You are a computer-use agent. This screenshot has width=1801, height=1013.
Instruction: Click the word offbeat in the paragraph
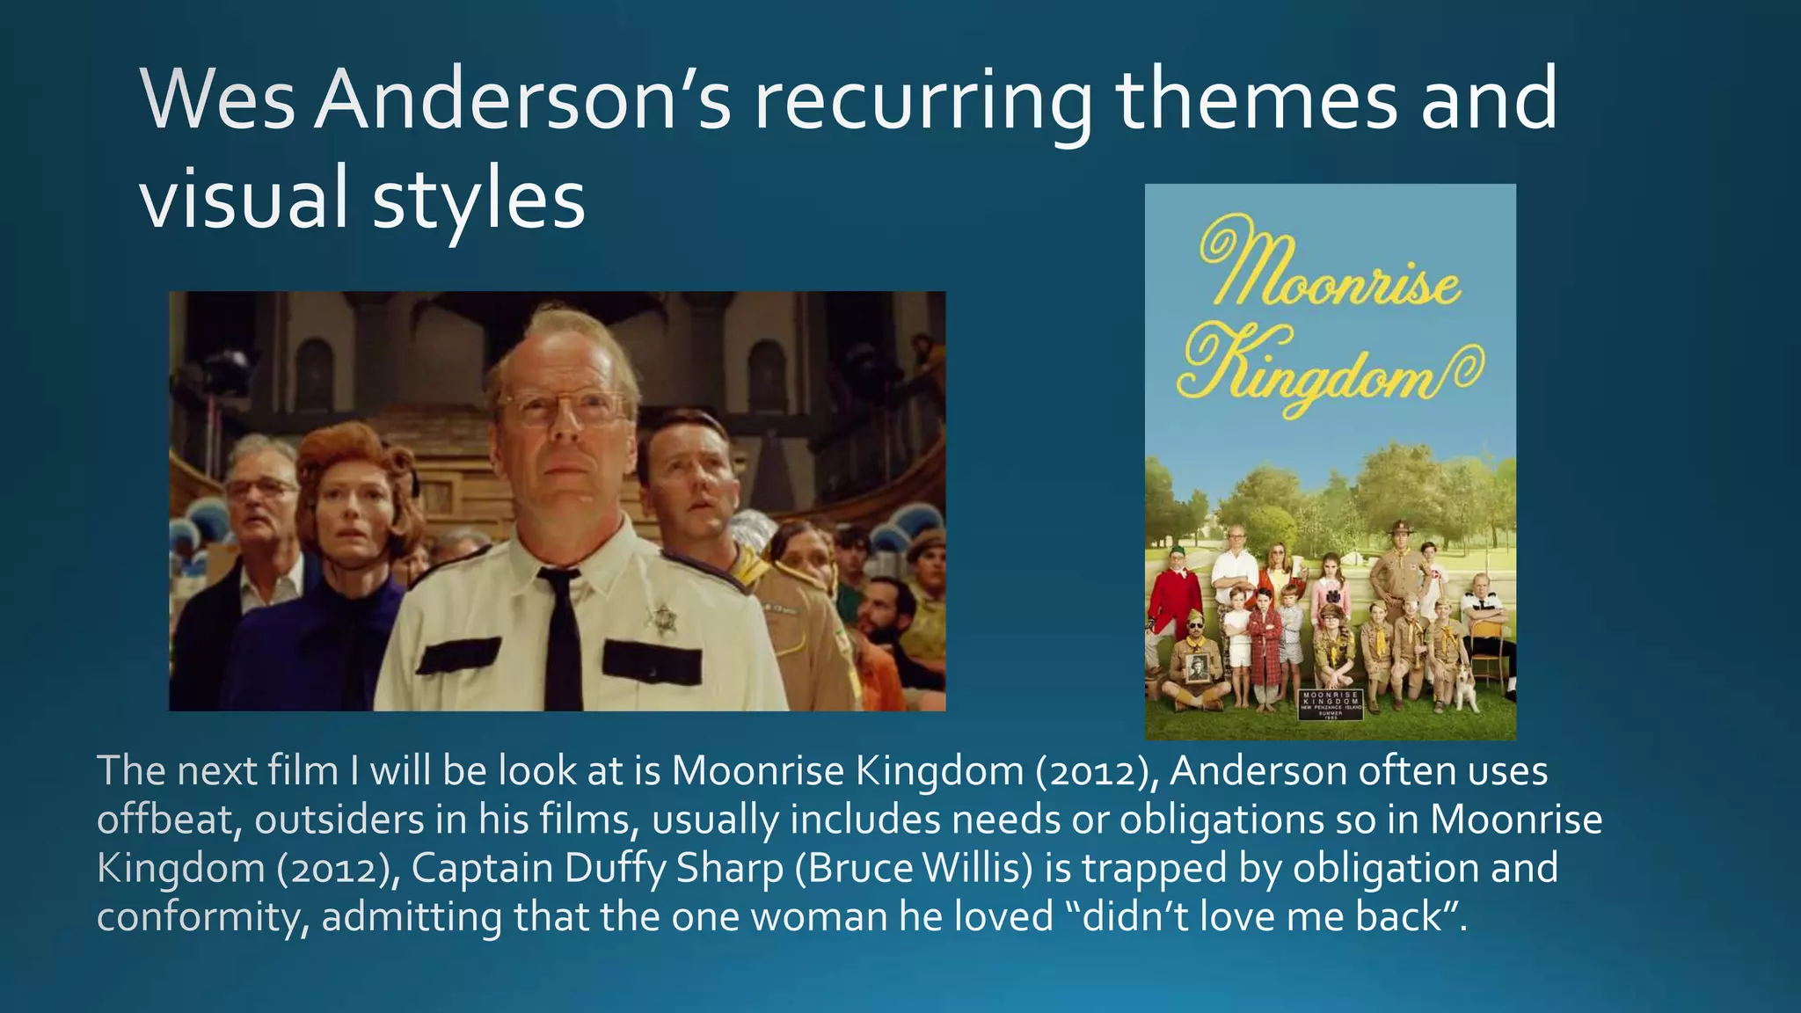167,820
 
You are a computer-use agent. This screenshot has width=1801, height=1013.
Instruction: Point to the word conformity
202,917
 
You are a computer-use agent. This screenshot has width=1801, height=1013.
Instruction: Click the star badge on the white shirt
662,620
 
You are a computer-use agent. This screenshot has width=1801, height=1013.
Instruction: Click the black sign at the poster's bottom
1331,703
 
